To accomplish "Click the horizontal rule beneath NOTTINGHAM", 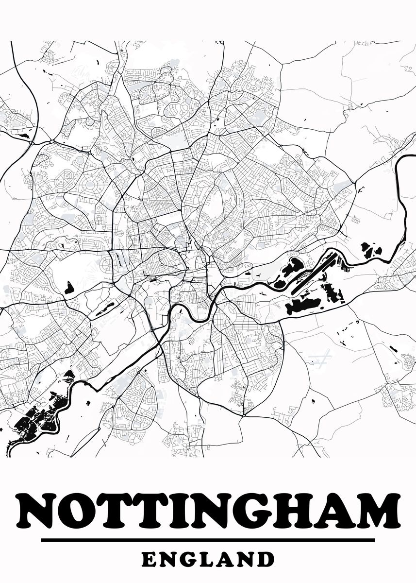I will [x=208, y=540].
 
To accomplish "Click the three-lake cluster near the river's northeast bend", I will [x=371, y=250].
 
